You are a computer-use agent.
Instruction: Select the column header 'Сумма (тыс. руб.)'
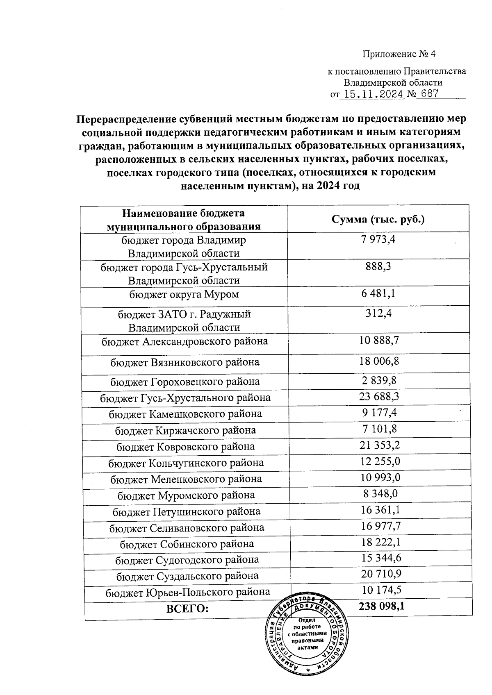pos(378,219)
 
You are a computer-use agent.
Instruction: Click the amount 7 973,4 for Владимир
pos(378,240)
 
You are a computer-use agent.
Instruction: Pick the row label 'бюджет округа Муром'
pos(184,294)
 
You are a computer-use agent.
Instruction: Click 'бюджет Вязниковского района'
pos(185,362)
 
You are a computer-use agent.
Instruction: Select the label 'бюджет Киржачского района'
pos(185,430)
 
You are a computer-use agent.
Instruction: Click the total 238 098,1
pos(382,606)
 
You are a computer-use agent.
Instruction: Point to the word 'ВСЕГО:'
pos(187,609)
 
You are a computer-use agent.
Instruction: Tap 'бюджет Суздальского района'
pos(187,576)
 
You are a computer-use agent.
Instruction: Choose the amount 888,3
pos(378,267)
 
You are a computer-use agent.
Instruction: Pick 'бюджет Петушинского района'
pos(187,511)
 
